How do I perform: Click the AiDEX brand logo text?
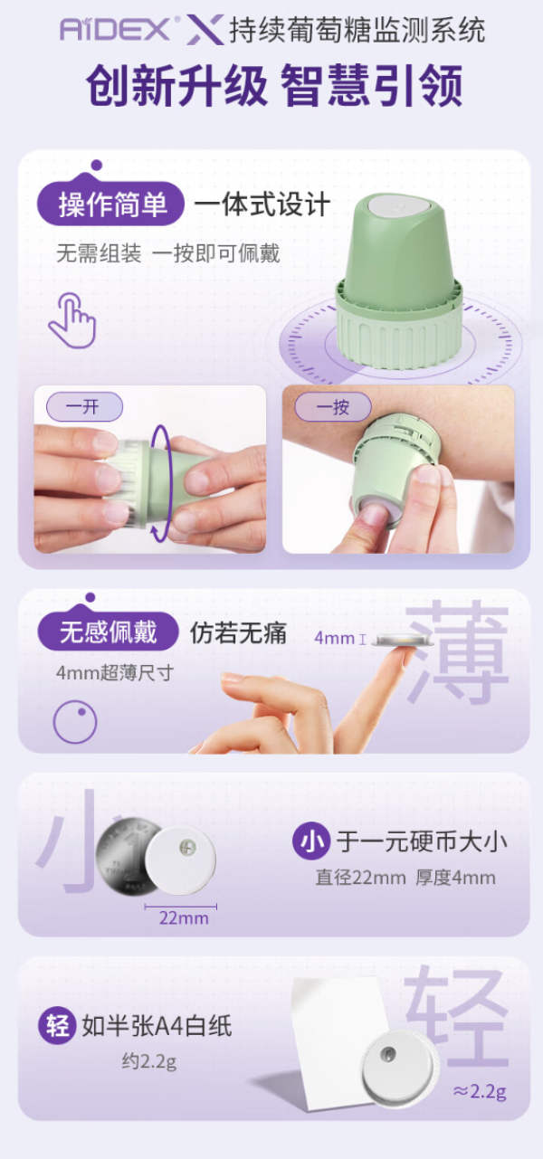coord(115,29)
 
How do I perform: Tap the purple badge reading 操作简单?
coord(110,204)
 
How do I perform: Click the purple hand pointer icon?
coord(72,320)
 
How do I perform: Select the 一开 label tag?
coord(84,406)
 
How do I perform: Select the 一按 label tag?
coord(333,406)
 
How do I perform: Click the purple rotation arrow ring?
coord(161,483)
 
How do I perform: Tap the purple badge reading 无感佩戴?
coord(109,632)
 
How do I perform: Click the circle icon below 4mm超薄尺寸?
coord(75,722)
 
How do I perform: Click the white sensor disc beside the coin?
coord(180,860)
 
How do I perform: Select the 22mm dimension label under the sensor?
coord(184,919)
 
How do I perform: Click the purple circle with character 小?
coord(311,841)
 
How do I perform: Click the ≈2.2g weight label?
coord(480,1091)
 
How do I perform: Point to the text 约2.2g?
coord(149,1061)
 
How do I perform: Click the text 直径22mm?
coord(361,878)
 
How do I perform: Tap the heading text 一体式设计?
coord(262,204)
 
